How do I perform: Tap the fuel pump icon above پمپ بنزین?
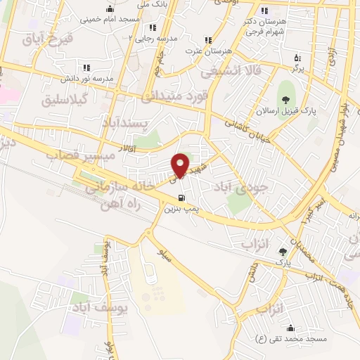182,198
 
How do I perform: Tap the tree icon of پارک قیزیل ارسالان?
285,97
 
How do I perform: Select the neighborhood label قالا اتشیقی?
233,71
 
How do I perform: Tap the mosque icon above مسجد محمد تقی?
290,328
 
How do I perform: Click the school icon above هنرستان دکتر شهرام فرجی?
264,11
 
